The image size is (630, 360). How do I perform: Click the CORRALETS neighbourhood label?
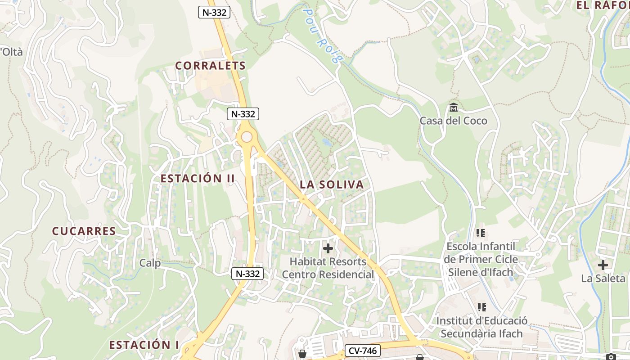pyautogui.click(x=211, y=66)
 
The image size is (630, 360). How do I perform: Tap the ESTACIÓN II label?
pyautogui.click(x=198, y=178)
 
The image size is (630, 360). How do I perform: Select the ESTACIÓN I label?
pyautogui.click(x=144, y=345)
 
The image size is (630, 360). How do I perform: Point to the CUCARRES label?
pyautogui.click(x=84, y=231)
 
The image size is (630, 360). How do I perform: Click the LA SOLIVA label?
pyautogui.click(x=332, y=184)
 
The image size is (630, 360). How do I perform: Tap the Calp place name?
pyautogui.click(x=150, y=263)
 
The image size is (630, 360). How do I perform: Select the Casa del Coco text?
pyautogui.click(x=453, y=121)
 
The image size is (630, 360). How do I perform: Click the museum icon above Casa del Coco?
pyautogui.click(x=453, y=108)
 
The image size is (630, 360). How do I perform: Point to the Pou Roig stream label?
pyautogui.click(x=323, y=34)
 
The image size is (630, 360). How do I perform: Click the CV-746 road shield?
pyautogui.click(x=363, y=351)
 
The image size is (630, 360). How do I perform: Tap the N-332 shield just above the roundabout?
pyautogui.click(x=243, y=114)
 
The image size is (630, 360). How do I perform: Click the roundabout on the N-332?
pyautogui.click(x=246, y=137)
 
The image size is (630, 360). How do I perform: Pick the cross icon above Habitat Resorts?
pyautogui.click(x=328, y=248)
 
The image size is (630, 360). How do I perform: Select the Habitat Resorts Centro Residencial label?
pyautogui.click(x=328, y=268)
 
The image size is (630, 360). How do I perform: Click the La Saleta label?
pyautogui.click(x=603, y=278)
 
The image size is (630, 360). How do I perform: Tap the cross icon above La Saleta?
pyautogui.click(x=603, y=265)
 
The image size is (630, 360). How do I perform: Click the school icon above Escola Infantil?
pyautogui.click(x=481, y=233)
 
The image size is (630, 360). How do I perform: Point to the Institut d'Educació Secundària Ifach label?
pyautogui.click(x=481, y=327)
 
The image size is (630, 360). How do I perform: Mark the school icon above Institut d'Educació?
pyautogui.click(x=481, y=307)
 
